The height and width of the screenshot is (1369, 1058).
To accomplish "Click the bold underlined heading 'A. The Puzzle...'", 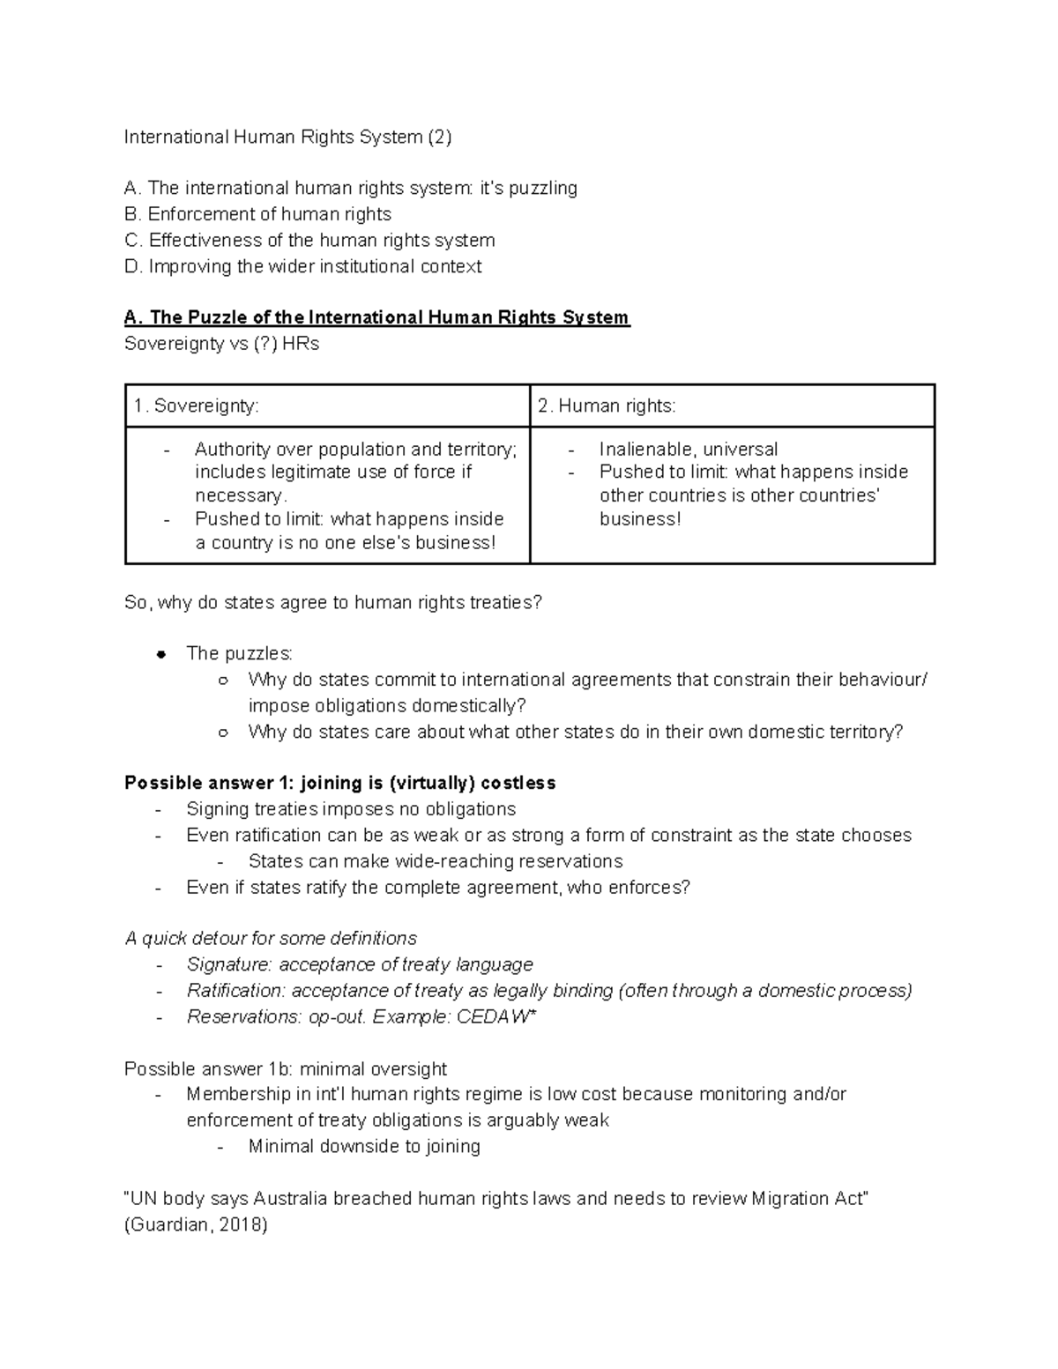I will click(376, 317).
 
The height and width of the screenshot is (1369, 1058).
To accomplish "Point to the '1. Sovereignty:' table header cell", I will click(196, 405).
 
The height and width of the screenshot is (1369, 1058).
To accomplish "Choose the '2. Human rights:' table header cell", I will click(607, 405).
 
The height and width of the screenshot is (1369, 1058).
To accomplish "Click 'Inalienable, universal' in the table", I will click(688, 450).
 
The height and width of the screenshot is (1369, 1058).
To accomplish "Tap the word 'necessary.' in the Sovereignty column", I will click(241, 495).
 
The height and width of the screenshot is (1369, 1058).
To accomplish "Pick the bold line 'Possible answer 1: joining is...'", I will click(339, 783).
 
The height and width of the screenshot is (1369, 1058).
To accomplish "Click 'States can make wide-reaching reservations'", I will click(435, 861).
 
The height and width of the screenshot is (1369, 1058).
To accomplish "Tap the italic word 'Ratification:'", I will click(235, 991).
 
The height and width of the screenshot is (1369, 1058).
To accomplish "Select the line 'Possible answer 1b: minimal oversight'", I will click(285, 1069).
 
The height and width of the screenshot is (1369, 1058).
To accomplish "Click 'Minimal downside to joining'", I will click(363, 1147).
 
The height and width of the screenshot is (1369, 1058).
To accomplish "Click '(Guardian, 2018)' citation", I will click(196, 1224).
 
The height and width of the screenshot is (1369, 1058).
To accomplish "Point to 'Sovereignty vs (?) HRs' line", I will click(221, 344).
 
